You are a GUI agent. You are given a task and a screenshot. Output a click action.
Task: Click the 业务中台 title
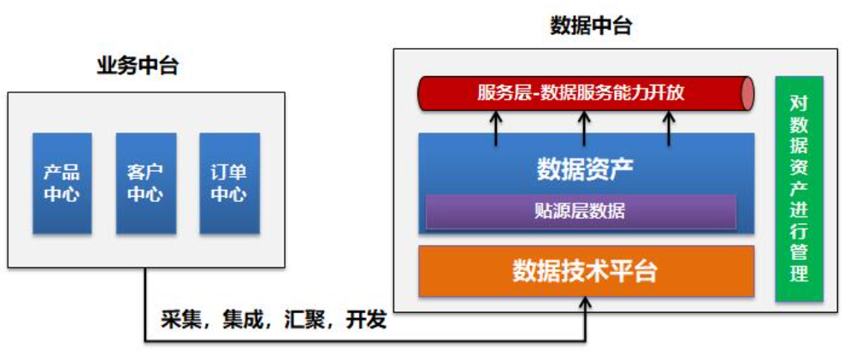click(137, 67)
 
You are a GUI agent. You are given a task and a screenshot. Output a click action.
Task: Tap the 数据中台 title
click(591, 26)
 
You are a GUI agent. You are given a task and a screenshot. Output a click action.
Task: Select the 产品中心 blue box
click(62, 183)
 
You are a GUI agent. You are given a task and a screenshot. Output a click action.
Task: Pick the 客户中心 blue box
click(145, 183)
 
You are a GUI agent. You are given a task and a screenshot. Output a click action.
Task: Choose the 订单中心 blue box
click(228, 183)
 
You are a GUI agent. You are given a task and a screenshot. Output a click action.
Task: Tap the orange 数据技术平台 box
click(586, 271)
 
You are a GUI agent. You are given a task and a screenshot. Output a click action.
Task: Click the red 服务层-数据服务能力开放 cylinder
click(581, 93)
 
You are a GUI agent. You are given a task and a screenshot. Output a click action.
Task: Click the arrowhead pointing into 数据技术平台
click(586, 303)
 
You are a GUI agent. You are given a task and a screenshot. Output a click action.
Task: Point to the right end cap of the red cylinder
click(747, 93)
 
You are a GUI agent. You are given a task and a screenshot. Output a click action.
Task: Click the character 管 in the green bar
click(799, 254)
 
